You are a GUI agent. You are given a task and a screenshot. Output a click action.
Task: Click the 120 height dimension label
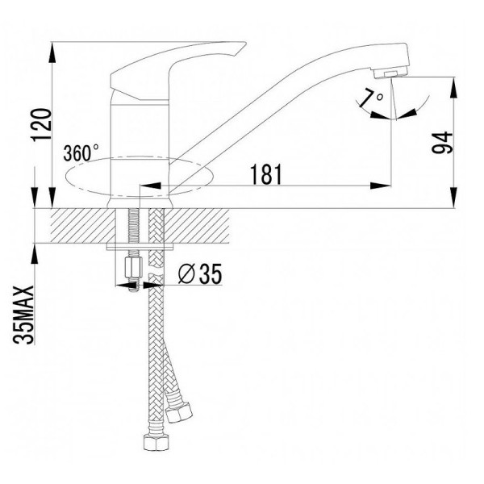41,125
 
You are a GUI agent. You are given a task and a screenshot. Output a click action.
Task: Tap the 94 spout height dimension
442,143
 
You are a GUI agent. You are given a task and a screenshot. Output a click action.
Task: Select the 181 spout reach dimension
266,174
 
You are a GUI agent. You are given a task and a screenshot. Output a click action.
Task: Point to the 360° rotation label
81,152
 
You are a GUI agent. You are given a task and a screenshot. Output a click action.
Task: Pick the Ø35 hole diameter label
200,273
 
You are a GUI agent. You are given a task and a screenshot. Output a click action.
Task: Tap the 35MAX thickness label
23,315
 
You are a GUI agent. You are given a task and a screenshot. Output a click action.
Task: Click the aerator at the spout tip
390,73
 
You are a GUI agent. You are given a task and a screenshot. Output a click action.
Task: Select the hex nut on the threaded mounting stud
133,268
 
